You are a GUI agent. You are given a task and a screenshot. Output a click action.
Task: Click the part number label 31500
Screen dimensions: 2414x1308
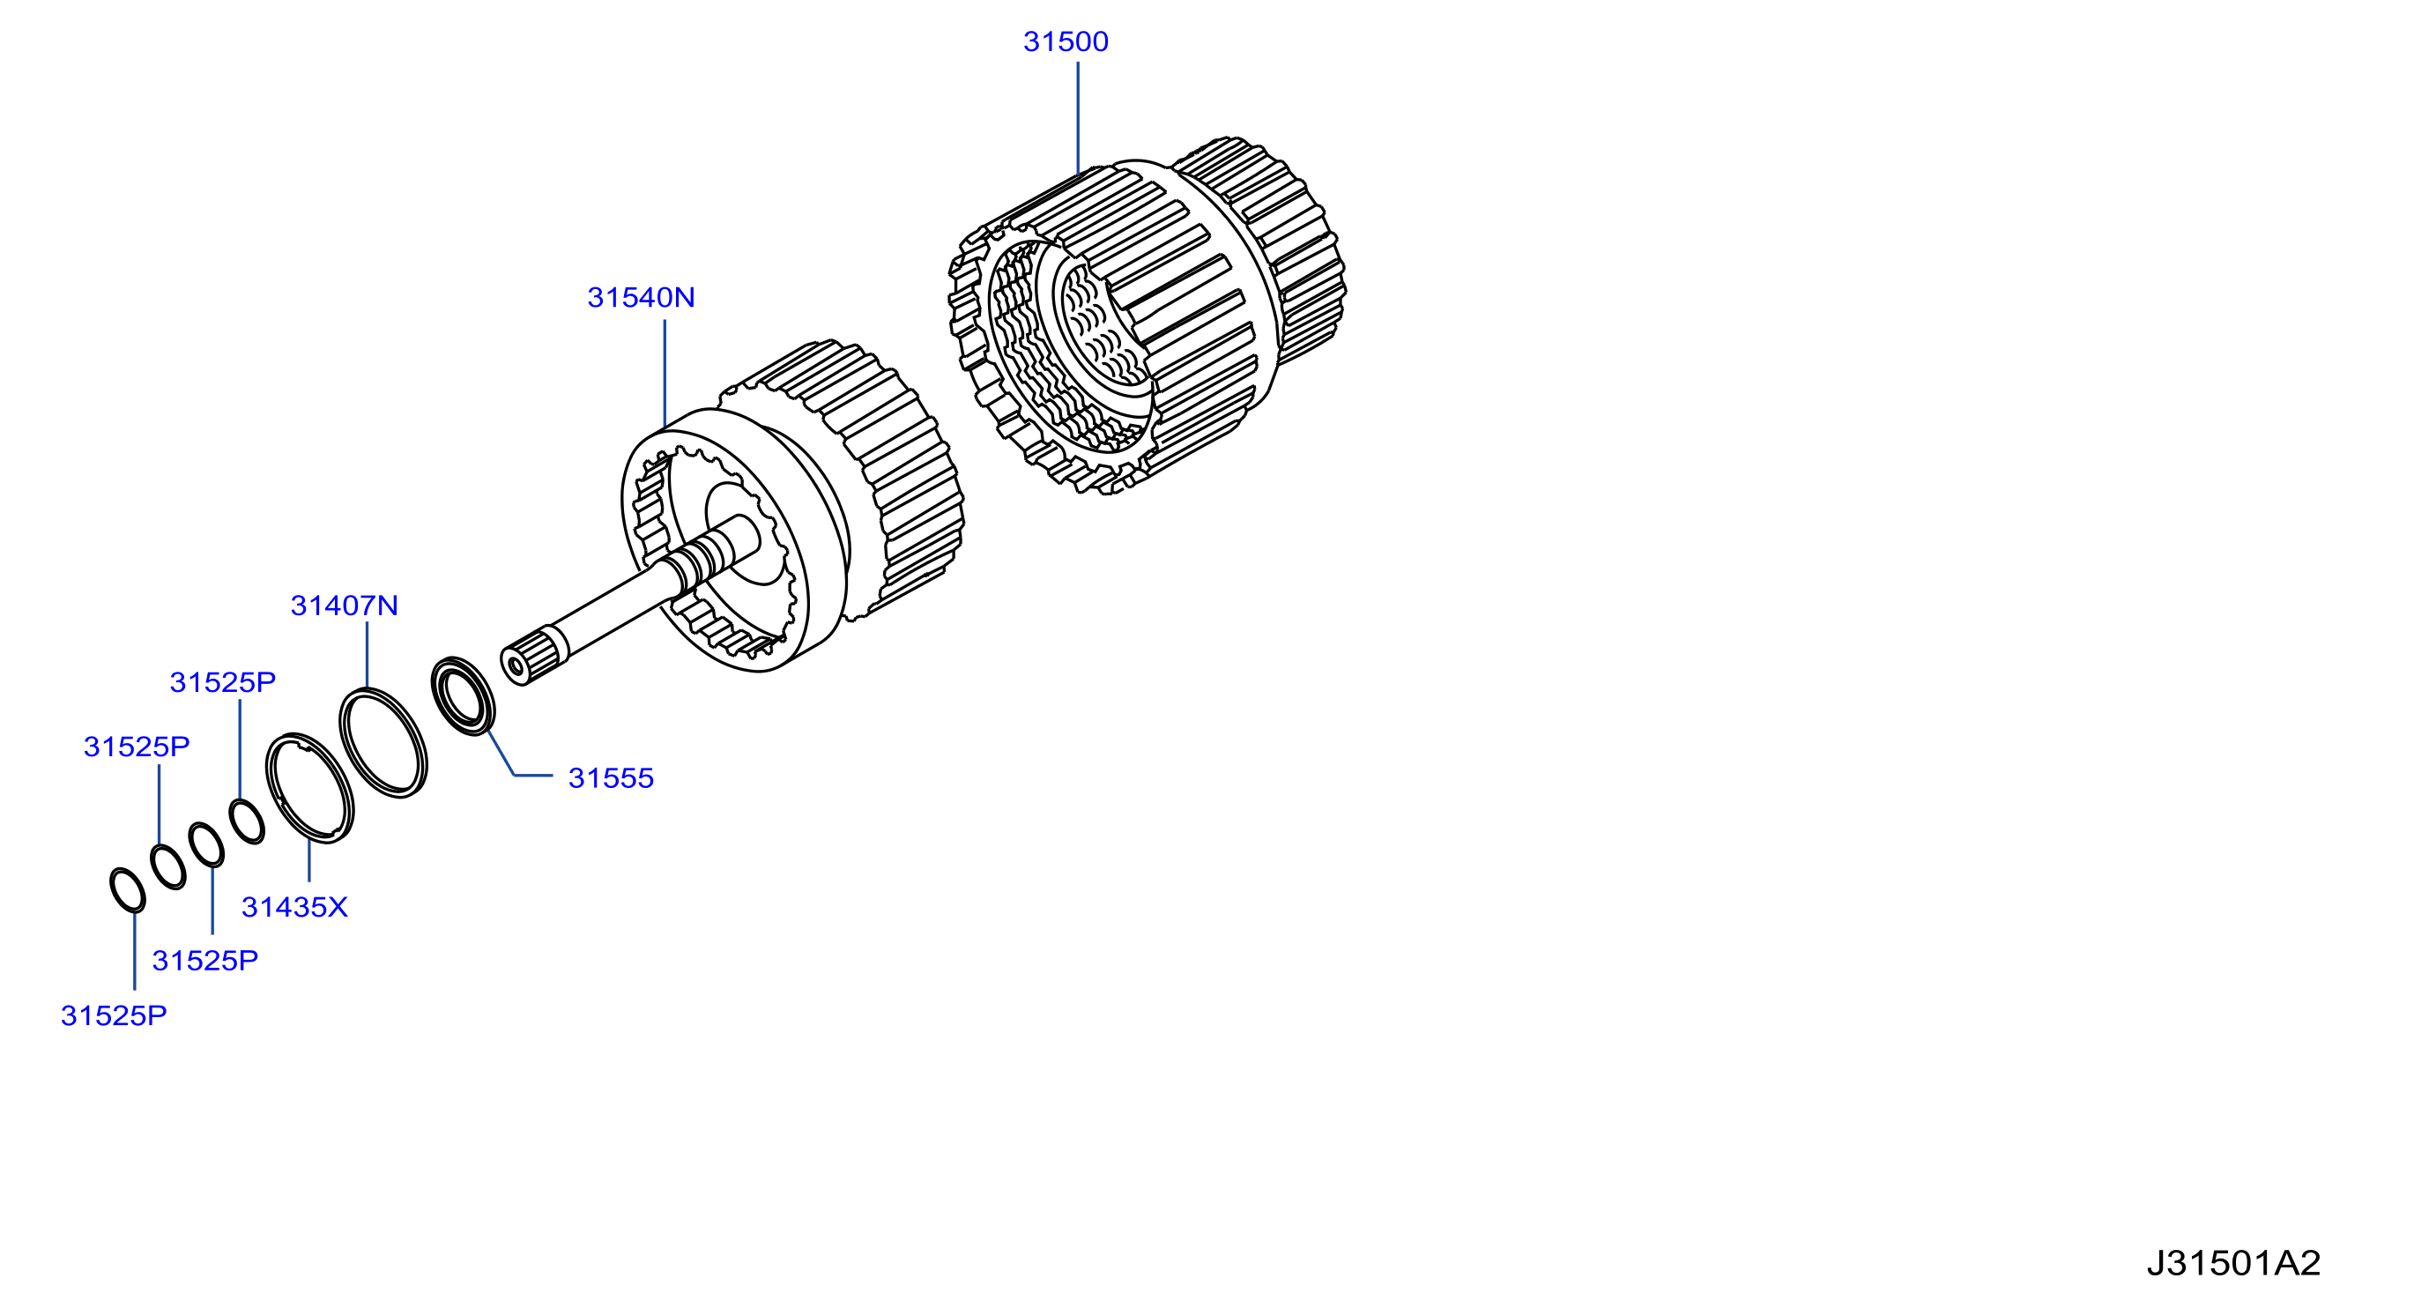click(x=1066, y=42)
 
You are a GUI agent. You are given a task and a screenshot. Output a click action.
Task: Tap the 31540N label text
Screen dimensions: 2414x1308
click(x=641, y=298)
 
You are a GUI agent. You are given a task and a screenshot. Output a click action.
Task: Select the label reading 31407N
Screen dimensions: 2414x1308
click(x=344, y=606)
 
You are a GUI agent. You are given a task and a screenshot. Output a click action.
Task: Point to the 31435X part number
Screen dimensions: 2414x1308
click(x=294, y=907)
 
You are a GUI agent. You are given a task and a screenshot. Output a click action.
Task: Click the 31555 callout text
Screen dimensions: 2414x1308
click(x=611, y=778)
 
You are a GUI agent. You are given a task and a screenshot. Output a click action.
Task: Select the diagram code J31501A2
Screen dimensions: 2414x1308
click(x=2233, y=1263)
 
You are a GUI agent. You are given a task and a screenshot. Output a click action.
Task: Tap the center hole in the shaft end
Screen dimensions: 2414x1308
click(x=515, y=666)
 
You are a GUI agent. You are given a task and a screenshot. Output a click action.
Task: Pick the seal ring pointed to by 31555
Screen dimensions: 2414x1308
click(x=463, y=695)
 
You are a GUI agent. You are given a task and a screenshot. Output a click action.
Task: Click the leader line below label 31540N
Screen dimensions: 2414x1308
click(x=665, y=374)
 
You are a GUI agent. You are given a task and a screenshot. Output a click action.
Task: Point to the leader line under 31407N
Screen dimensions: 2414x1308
click(x=368, y=655)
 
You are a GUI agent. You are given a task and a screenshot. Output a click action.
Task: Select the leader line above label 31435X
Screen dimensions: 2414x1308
click(x=309, y=860)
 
